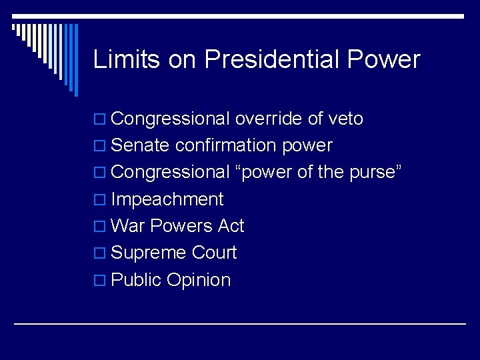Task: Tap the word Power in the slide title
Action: pyautogui.click(x=384, y=59)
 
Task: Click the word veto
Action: pyautogui.click(x=345, y=119)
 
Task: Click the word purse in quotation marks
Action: pyautogui.click(x=373, y=173)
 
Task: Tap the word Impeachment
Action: pyautogui.click(x=167, y=199)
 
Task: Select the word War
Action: pyautogui.click(x=128, y=226)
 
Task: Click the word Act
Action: pyautogui.click(x=231, y=226)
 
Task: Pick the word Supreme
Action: pyautogui.click(x=149, y=253)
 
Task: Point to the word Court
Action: pyautogui.click(x=213, y=253)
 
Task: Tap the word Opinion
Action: pyautogui.click(x=199, y=281)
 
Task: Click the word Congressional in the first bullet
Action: pyautogui.click(x=170, y=119)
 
